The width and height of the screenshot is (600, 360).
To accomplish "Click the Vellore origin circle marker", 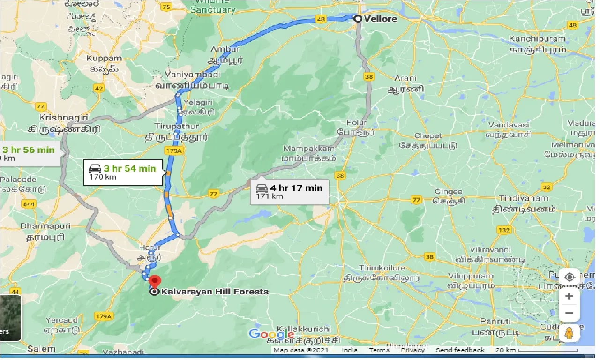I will (x=358, y=19).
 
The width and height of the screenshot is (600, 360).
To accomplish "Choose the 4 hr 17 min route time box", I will (x=289, y=191).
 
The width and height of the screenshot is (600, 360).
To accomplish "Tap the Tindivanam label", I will (x=524, y=198).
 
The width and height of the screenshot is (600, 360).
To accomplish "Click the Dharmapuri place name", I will (x=45, y=226).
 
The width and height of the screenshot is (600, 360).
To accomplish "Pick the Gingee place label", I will (x=448, y=192).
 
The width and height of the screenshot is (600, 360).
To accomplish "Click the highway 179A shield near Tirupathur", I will (x=172, y=151).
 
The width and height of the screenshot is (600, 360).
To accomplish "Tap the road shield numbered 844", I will (x=29, y=204).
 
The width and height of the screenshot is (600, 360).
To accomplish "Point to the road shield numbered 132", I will (x=504, y=230).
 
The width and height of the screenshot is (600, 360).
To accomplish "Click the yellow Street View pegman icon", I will (x=569, y=333).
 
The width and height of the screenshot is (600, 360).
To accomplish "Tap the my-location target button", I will (x=569, y=277).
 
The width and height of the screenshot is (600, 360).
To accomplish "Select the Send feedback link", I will (x=460, y=350).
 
